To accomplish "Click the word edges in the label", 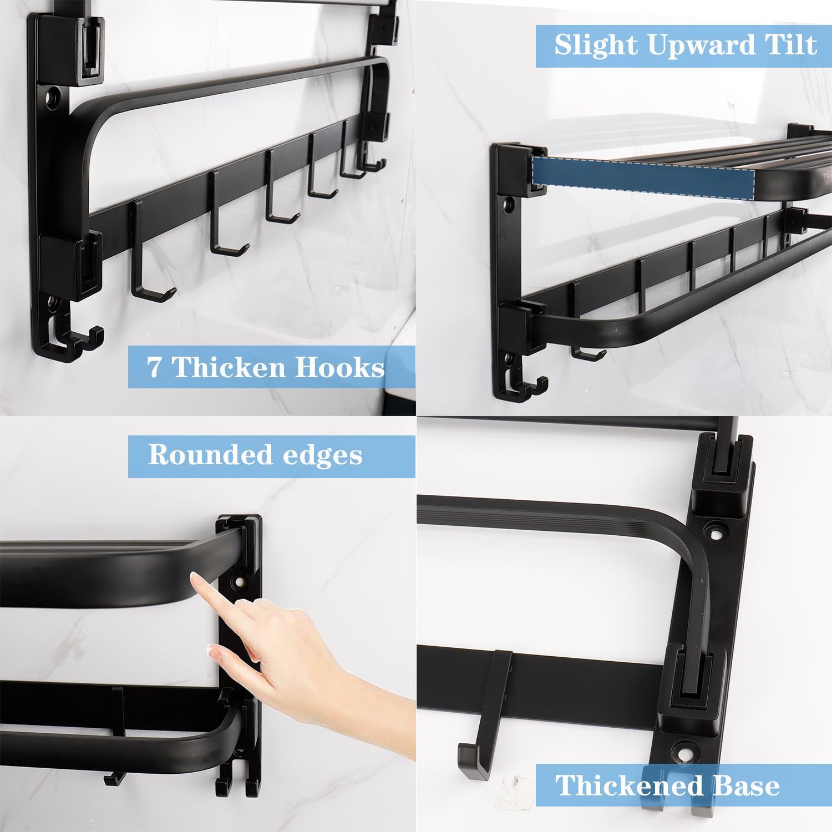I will coord(322,456).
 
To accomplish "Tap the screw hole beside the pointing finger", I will coord(240,584).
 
